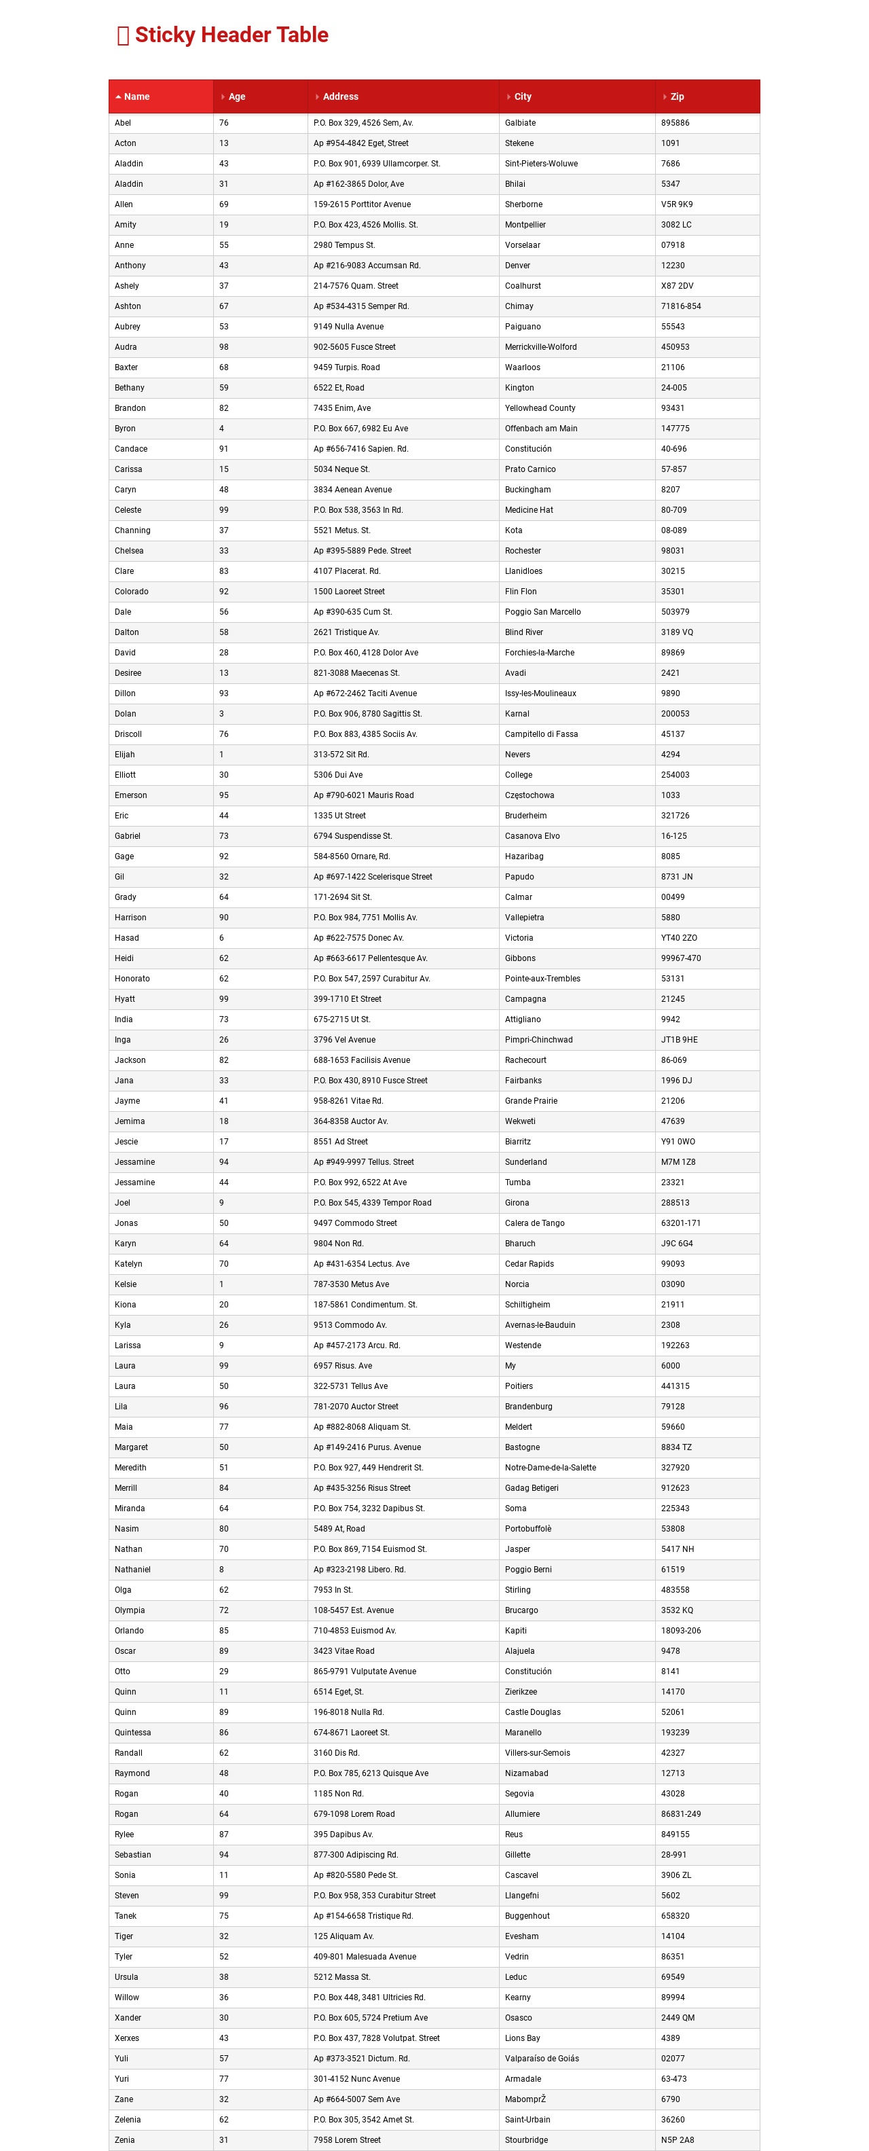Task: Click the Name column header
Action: (x=136, y=97)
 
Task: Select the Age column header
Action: (x=237, y=97)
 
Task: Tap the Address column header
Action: (x=341, y=97)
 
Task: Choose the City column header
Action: (x=523, y=97)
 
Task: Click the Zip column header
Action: (x=677, y=97)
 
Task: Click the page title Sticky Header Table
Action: (x=232, y=35)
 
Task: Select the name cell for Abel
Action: (x=123, y=123)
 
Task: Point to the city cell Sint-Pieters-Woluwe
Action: (x=541, y=164)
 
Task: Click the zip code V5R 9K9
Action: (x=677, y=204)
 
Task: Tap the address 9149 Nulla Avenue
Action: (x=348, y=327)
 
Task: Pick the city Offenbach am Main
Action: (x=541, y=429)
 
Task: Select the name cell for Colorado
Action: (x=131, y=591)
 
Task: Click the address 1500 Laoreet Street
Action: (x=349, y=591)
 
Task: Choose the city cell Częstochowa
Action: (x=530, y=795)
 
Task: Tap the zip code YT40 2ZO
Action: (x=679, y=938)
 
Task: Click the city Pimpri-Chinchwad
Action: (x=538, y=1040)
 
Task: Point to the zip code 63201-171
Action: (x=680, y=1223)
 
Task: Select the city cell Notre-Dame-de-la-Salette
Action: (x=550, y=1467)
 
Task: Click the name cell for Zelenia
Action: (x=128, y=2119)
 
